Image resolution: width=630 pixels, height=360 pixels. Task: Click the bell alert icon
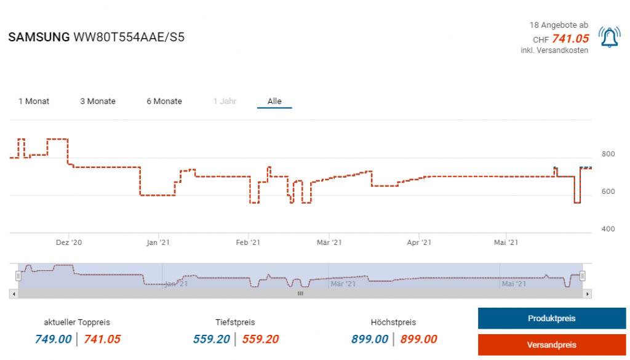tap(609, 38)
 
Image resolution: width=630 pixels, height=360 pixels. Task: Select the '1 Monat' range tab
tap(34, 102)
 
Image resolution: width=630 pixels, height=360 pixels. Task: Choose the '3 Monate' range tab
tap(98, 102)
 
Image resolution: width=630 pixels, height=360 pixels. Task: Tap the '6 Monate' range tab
tap(164, 102)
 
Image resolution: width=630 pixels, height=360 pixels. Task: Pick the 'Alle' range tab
tap(274, 102)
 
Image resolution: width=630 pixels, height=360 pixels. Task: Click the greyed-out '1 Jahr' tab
tap(225, 102)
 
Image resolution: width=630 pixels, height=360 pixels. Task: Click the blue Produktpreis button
tap(552, 319)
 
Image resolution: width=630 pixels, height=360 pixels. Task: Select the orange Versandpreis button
tap(552, 345)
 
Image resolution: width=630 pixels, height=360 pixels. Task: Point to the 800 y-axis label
tap(608, 154)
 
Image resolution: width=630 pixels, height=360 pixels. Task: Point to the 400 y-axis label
tap(608, 229)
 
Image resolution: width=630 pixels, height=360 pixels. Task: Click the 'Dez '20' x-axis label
tap(70, 243)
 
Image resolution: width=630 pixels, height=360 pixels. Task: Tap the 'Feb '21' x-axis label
tap(248, 243)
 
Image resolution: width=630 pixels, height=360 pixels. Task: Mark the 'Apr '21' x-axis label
tap(418, 243)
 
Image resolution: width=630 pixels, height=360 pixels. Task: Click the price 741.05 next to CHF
tap(570, 39)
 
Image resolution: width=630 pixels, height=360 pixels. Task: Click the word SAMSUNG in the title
tap(39, 38)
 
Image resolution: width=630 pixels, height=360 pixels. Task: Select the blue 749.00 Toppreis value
tap(53, 339)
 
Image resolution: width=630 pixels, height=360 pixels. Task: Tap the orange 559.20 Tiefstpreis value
tap(260, 339)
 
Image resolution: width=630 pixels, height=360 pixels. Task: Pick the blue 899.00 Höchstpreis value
tap(370, 339)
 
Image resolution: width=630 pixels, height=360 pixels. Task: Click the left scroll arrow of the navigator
tap(14, 294)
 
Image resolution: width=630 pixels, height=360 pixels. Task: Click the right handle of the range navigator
tap(583, 276)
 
